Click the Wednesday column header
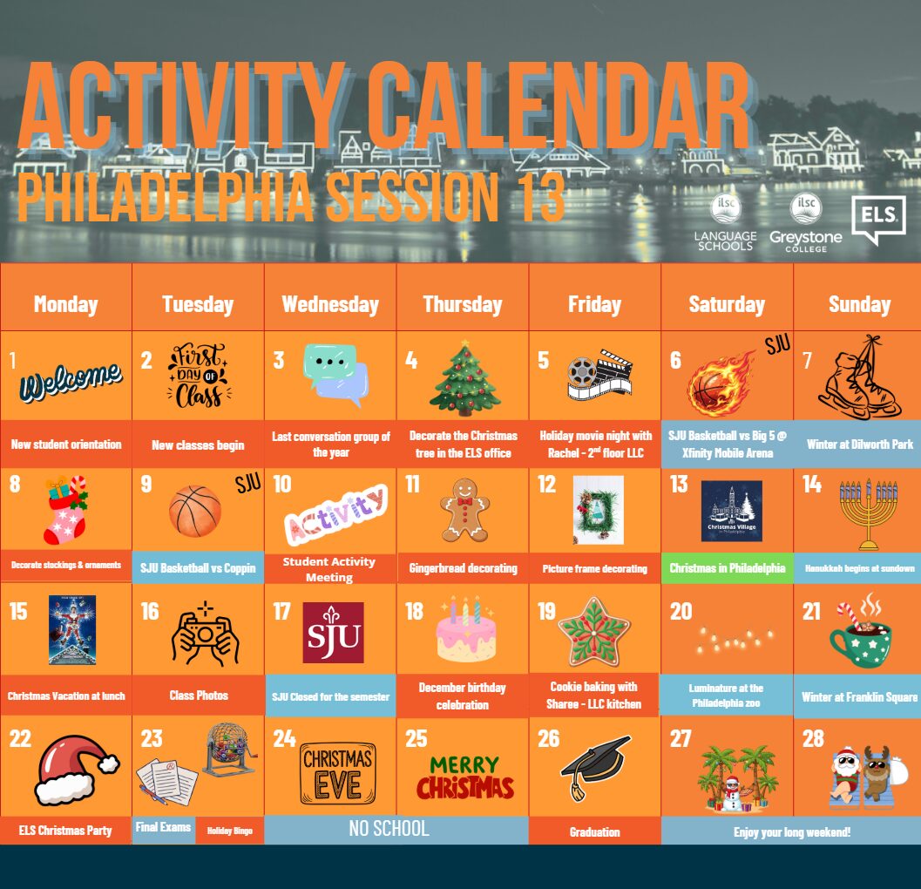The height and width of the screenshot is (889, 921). [330, 304]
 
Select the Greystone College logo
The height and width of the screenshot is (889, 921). [806, 223]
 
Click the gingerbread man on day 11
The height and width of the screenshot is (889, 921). [464, 509]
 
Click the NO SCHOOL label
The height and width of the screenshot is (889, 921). [389, 829]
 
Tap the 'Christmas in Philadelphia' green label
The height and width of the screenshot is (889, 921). [728, 568]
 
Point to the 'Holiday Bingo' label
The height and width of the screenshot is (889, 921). [230, 831]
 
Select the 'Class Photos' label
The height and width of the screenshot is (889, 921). [199, 696]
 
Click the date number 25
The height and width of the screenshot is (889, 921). [416, 738]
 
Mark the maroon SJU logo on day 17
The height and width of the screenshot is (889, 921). [333, 632]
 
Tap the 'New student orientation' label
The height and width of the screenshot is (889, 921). [66, 444]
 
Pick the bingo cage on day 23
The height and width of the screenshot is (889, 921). [230, 750]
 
